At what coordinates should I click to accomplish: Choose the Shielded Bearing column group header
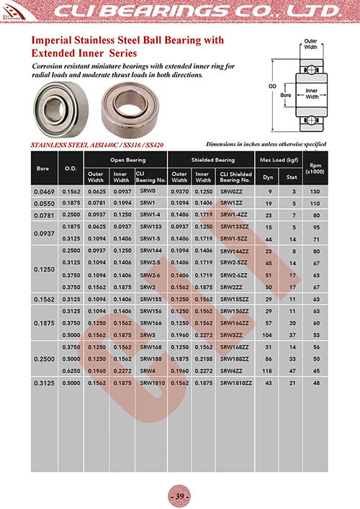point(212,159)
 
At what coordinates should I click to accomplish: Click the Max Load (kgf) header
point(279,159)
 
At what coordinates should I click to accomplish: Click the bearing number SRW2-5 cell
point(150,263)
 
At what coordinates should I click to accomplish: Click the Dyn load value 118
point(269,370)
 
